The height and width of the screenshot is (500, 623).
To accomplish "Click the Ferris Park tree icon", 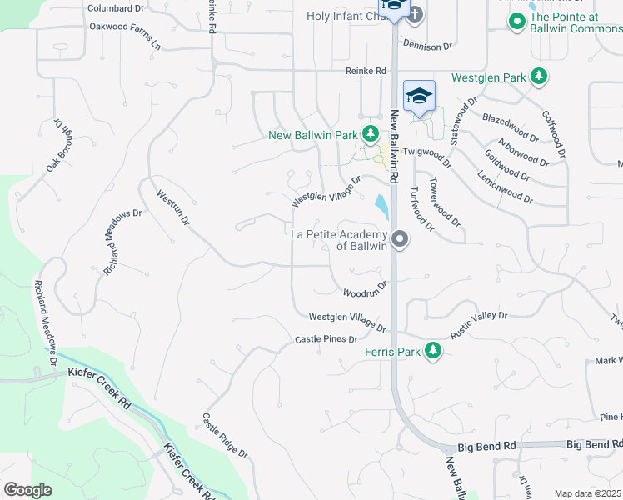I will click(x=432, y=351).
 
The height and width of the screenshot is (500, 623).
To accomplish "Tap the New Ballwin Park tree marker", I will click(x=371, y=134).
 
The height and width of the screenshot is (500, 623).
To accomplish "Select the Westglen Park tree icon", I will click(x=539, y=77).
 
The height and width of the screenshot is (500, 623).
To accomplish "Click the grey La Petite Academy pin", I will click(x=400, y=240).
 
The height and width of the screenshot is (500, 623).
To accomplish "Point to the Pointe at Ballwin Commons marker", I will click(x=517, y=22).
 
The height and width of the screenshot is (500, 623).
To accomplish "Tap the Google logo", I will click(x=28, y=490).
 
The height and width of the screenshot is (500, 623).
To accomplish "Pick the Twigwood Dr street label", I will click(x=426, y=152).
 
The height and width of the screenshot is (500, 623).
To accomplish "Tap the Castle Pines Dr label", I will click(x=326, y=339).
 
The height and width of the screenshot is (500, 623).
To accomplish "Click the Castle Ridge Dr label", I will click(x=226, y=435).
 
